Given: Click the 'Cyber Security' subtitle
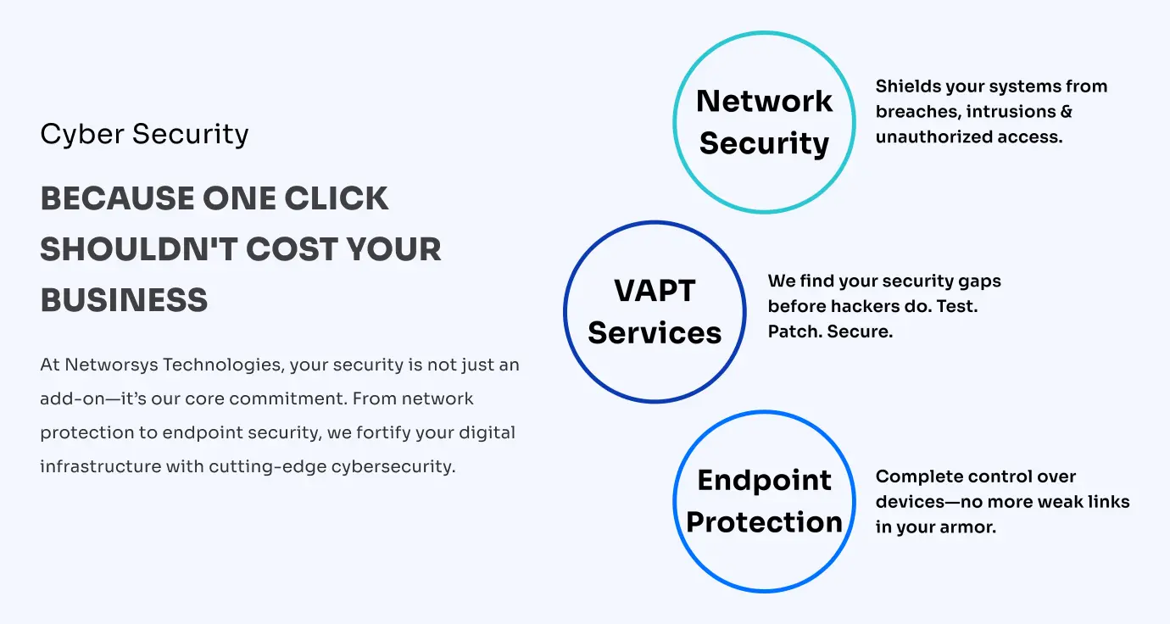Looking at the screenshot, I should [x=144, y=134].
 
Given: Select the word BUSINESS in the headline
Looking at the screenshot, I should [x=124, y=300].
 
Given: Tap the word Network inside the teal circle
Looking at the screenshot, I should [x=764, y=101].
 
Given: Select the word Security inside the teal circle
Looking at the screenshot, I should [x=764, y=143].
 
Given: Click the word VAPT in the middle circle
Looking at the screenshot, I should [x=655, y=290].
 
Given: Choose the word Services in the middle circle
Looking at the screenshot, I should [x=655, y=332].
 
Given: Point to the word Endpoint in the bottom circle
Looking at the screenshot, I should [x=764, y=480].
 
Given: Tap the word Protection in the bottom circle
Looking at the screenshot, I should [x=764, y=522].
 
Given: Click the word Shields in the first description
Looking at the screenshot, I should [x=904, y=86].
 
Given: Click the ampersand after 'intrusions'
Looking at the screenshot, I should [x=1066, y=111].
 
